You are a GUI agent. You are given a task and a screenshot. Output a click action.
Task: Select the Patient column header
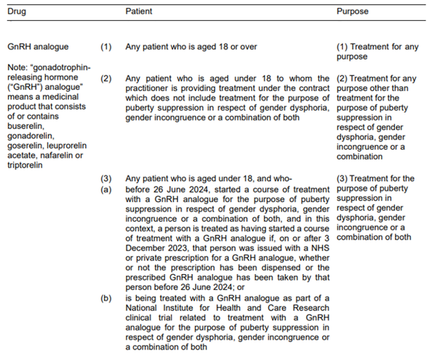(140, 12)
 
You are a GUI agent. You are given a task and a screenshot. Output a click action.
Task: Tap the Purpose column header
(352, 12)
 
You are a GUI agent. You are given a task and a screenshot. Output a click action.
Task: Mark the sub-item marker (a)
(106, 188)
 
